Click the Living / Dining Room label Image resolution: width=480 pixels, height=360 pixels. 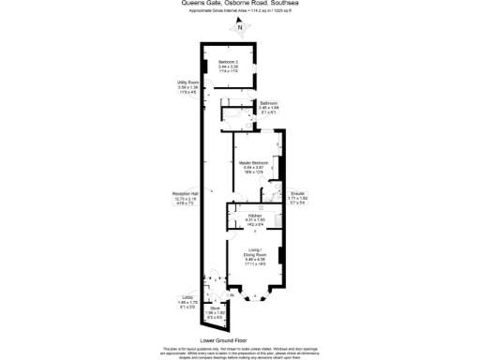pyautogui.click(x=255, y=253)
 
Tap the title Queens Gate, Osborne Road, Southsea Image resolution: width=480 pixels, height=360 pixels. pyautogui.click(x=240, y=3)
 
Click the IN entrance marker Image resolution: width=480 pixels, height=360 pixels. pyautogui.click(x=232, y=296)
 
